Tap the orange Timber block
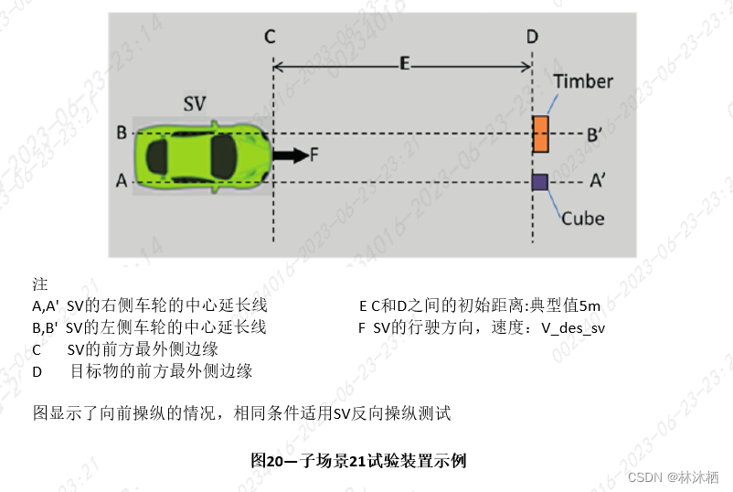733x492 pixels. tap(541, 134)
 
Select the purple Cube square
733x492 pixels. tap(539, 181)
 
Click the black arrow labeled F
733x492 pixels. tap(291, 155)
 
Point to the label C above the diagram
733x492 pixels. tap(270, 36)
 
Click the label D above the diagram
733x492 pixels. tap(532, 36)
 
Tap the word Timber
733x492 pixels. tap(583, 81)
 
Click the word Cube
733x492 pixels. tap(582, 219)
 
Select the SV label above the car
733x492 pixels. tap(194, 103)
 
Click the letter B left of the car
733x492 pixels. tap(121, 133)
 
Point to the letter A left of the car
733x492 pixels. tap(121, 181)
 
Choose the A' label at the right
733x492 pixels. tap(597, 181)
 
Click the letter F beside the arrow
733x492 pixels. tap(313, 155)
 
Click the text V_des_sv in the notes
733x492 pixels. tap(572, 327)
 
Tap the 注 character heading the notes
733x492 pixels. tap(39, 283)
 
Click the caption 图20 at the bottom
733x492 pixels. tap(270, 460)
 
